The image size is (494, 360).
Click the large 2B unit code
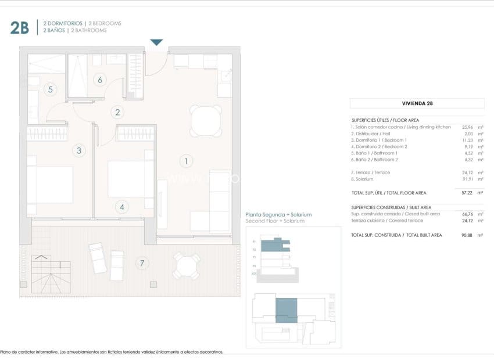pyautogui.click(x=19, y=27)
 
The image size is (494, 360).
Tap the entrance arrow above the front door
pyautogui.click(x=156, y=42)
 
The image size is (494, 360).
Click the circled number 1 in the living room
pyautogui.click(x=186, y=160)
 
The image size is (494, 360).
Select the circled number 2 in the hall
pyautogui.click(x=117, y=113)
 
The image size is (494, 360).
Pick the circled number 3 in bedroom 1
pyautogui.click(x=80, y=150)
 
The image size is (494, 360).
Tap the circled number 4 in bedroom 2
pyautogui.click(x=121, y=206)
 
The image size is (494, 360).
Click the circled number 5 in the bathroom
pyautogui.click(x=51, y=89)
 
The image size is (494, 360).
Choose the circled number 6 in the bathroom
pyautogui.click(x=100, y=80)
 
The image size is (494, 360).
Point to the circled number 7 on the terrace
pyautogui.click(x=140, y=263)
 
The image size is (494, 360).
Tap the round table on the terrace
pyautogui.click(x=185, y=266)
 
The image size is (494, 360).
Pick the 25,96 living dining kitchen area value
pyautogui.click(x=467, y=127)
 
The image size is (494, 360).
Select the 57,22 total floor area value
pyautogui.click(x=467, y=192)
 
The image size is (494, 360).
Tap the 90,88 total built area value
pyautogui.click(x=467, y=235)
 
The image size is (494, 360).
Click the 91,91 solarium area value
pyautogui.click(x=467, y=179)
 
